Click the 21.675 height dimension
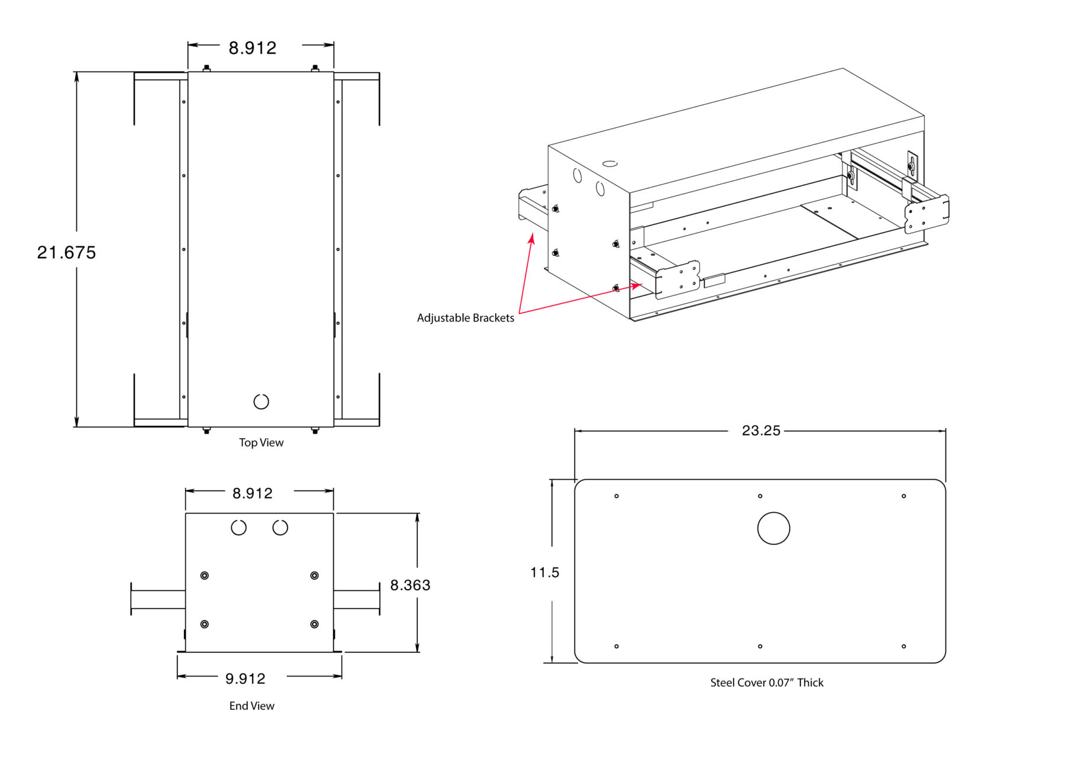[x=66, y=253]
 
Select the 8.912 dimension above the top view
[x=253, y=48]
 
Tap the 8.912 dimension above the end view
[x=253, y=493]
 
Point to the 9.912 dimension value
[x=246, y=678]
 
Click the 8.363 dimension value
[x=410, y=586]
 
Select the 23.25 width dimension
[x=761, y=430]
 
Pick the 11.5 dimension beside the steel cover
[x=544, y=573]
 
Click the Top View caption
[x=261, y=443]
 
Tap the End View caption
[x=252, y=706]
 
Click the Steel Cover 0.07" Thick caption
[x=766, y=683]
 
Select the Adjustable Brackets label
[x=466, y=318]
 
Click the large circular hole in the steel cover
[x=773, y=528]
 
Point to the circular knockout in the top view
[x=261, y=401]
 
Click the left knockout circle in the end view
[x=238, y=527]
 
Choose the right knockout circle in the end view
[x=280, y=527]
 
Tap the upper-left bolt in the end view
[x=205, y=575]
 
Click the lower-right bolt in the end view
[x=314, y=624]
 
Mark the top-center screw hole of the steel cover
[x=760, y=496]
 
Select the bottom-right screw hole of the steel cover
[x=903, y=646]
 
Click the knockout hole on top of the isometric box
[x=610, y=163]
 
